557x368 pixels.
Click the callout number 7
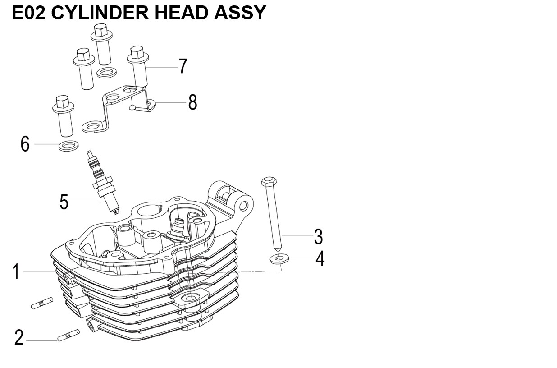(183, 66)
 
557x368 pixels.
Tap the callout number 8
(192, 103)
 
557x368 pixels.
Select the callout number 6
(25, 144)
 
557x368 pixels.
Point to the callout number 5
(64, 202)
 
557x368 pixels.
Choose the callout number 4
(320, 259)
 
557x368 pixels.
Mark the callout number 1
(16, 272)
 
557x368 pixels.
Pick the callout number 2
(18, 337)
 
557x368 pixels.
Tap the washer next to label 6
(68, 146)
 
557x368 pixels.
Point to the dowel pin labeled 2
(68, 335)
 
